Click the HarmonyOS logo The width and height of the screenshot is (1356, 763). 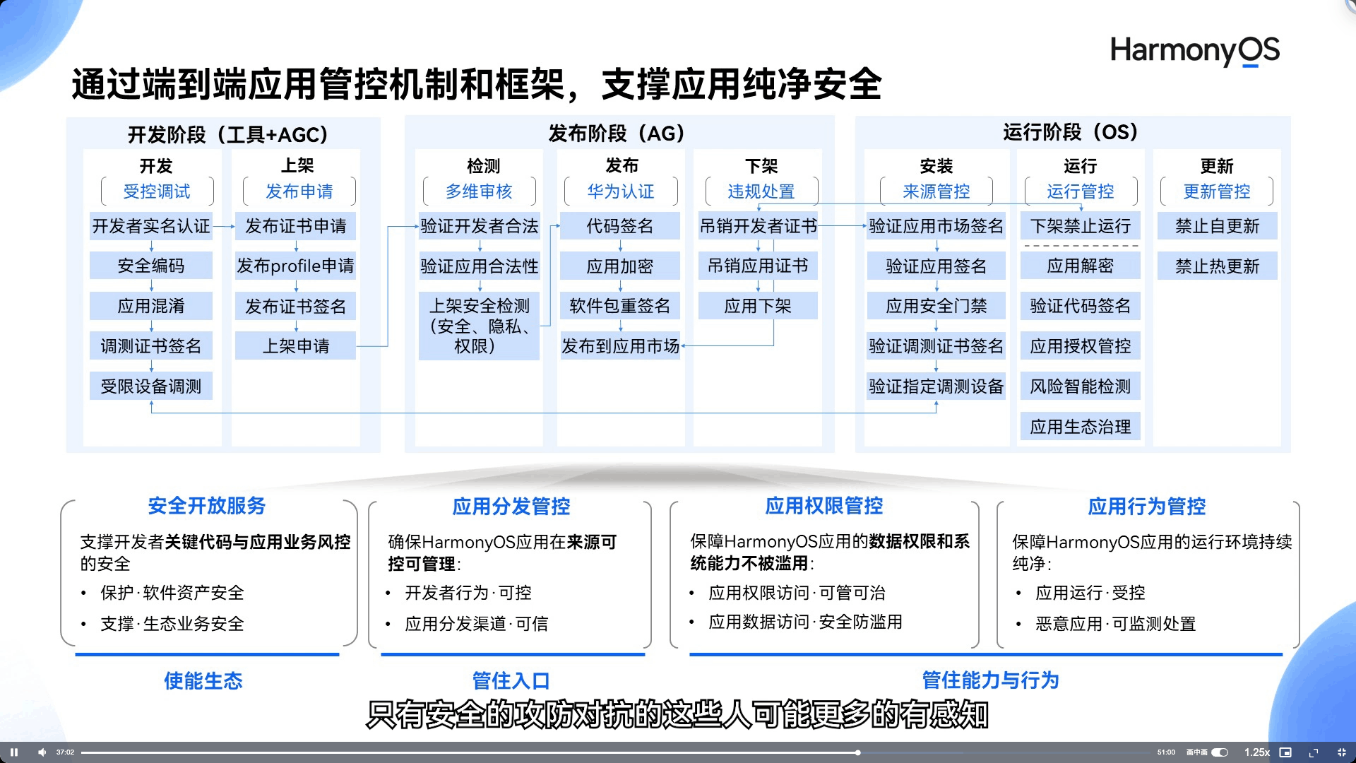1194,51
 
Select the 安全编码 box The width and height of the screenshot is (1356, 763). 151,266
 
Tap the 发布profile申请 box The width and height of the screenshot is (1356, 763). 295,266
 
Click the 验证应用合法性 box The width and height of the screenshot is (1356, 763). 479,266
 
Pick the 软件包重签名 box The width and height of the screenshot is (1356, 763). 619,306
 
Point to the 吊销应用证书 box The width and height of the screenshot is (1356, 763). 758,266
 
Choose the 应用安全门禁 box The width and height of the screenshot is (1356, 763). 936,306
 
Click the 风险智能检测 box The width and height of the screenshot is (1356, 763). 1080,386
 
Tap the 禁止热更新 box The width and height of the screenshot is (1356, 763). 1217,266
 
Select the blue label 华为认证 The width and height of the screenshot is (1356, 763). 621,191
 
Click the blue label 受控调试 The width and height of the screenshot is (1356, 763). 157,191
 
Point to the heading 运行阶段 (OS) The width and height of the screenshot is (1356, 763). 1071,132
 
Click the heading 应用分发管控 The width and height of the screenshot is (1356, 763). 511,507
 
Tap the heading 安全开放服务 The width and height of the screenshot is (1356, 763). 207,506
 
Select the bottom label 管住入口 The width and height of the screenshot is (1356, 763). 511,681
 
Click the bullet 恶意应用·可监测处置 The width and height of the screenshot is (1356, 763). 1115,624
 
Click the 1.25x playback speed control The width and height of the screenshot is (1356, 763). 1256,752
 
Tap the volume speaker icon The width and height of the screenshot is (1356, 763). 42,752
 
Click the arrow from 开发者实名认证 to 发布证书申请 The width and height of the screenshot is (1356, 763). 224,227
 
